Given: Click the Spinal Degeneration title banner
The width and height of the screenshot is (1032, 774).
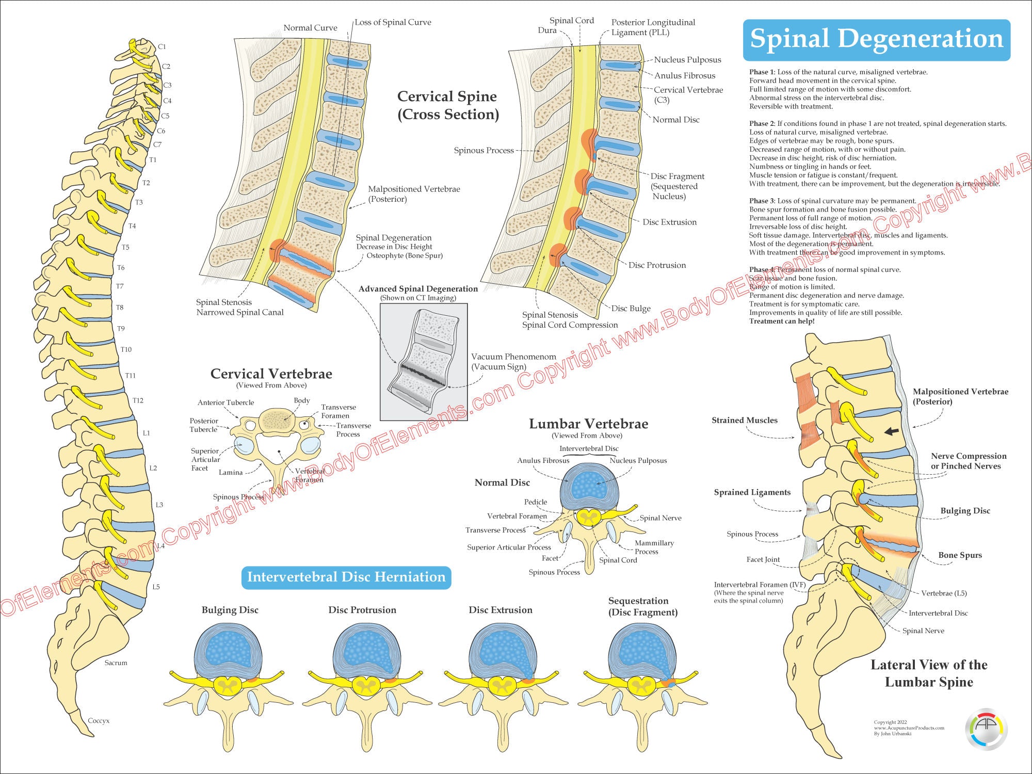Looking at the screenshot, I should pyautogui.click(x=876, y=40).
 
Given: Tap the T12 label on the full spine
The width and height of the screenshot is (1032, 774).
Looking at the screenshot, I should pyautogui.click(x=138, y=400).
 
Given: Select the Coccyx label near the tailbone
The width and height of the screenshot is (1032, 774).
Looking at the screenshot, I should pyautogui.click(x=99, y=720).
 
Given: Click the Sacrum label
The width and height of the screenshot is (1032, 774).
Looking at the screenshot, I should pyautogui.click(x=116, y=663).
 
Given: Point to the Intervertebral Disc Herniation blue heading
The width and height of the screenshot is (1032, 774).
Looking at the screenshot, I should pyautogui.click(x=346, y=577).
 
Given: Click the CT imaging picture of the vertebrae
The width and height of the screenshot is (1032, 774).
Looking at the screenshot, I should pyautogui.click(x=424, y=361).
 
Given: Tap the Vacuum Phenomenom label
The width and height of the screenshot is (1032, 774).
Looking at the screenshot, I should pyautogui.click(x=513, y=357).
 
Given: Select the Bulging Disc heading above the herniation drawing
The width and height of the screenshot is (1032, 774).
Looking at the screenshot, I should pyautogui.click(x=230, y=610).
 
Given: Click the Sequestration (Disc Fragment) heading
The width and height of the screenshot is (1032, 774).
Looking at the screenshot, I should pyautogui.click(x=642, y=606).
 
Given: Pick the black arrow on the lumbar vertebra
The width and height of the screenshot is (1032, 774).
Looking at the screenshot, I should pyautogui.click(x=891, y=431).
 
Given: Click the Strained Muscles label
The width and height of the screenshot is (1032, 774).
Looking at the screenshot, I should pyautogui.click(x=744, y=420).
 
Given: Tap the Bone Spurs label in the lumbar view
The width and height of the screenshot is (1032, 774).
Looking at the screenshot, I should pyautogui.click(x=960, y=555).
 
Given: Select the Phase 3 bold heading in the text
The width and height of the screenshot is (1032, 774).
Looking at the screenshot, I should pyautogui.click(x=762, y=201).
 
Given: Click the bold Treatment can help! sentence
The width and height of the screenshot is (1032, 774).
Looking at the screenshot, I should pyautogui.click(x=782, y=321).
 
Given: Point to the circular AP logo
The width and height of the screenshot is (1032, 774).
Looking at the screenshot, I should pyautogui.click(x=986, y=729).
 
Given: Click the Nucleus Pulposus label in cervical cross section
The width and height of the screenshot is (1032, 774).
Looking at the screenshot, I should pyautogui.click(x=687, y=60).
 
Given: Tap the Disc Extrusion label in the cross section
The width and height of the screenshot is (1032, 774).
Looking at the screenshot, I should pyautogui.click(x=669, y=222).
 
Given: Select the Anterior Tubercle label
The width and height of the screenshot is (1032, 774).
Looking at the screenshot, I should pyautogui.click(x=225, y=402).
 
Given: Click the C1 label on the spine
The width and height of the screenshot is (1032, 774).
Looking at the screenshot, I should pyautogui.click(x=162, y=46).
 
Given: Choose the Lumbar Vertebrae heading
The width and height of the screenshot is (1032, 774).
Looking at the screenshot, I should pyautogui.click(x=588, y=424).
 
